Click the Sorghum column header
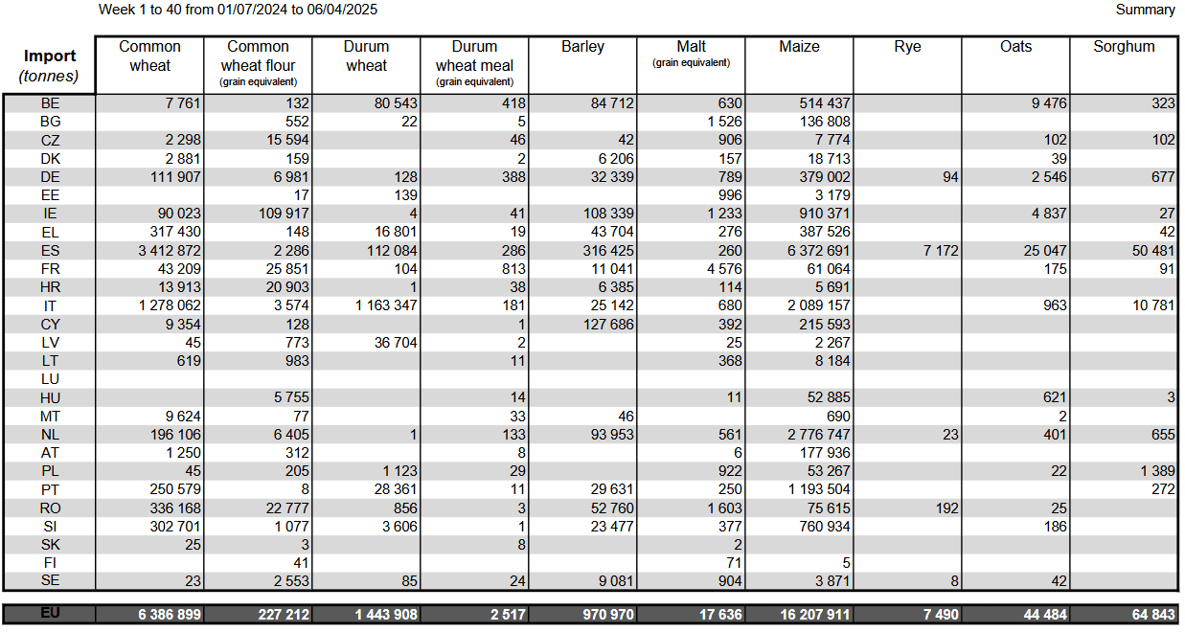pyautogui.click(x=1124, y=47)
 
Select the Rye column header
pyautogui.click(x=907, y=47)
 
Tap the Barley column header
pyautogui.click(x=582, y=47)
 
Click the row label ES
pyautogui.click(x=50, y=251)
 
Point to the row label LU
pyautogui.click(x=50, y=379)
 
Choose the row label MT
pyautogui.click(x=50, y=417)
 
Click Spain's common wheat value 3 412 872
pyautogui.click(x=170, y=251)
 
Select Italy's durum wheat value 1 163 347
pyautogui.click(x=386, y=305)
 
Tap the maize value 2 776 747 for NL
pyautogui.click(x=818, y=435)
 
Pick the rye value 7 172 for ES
pyautogui.click(x=941, y=251)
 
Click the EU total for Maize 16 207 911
pyautogui.click(x=815, y=615)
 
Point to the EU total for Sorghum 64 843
pyautogui.click(x=1153, y=615)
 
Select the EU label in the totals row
pyautogui.click(x=50, y=614)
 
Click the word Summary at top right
pyautogui.click(x=1146, y=10)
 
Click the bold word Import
pyautogui.click(x=50, y=56)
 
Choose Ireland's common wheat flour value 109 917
pyautogui.click(x=284, y=214)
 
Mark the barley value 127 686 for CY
pyautogui.click(x=608, y=325)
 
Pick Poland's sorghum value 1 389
pyautogui.click(x=1157, y=471)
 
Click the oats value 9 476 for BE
pyautogui.click(x=1049, y=103)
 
